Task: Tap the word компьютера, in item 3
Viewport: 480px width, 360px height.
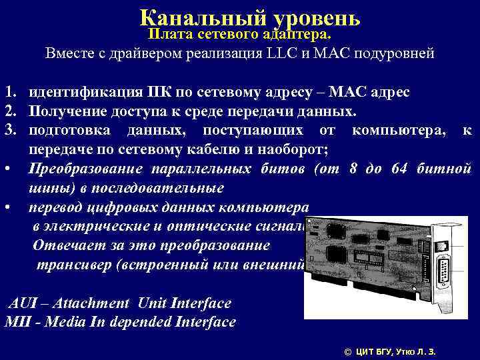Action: pyautogui.click(x=395, y=127)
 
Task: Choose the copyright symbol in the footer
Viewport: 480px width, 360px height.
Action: pyautogui.click(x=346, y=351)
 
